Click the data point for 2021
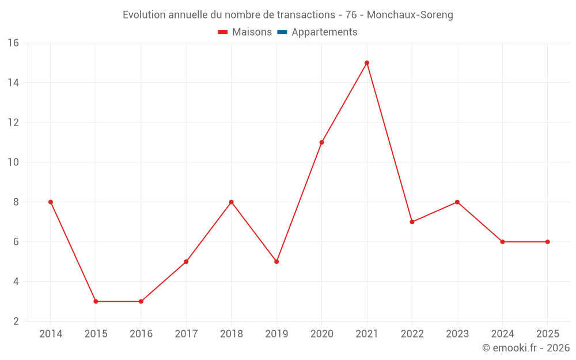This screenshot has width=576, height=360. pos(367,63)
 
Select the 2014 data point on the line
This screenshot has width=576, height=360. pos(51,202)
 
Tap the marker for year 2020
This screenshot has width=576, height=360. pos(321,142)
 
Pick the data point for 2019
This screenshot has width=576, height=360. pos(276,262)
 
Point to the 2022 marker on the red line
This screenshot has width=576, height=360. pos(412,222)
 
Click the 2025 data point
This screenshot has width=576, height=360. pos(547,242)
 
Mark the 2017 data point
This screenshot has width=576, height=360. pos(186,262)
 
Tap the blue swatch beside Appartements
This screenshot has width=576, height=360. pos(282,32)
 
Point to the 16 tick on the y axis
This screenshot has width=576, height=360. pos(13,43)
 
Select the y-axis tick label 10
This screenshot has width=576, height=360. pos(13,162)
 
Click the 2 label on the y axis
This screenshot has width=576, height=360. pos(16,321)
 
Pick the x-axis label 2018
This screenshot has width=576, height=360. pos(231,334)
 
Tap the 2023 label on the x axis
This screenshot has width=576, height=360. pos(457,334)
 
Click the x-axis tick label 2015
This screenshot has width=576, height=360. pos(96,334)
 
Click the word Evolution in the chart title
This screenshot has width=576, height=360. pos(144,15)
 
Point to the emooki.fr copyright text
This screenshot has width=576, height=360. pos(526,348)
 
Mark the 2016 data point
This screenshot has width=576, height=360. pos(141,301)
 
